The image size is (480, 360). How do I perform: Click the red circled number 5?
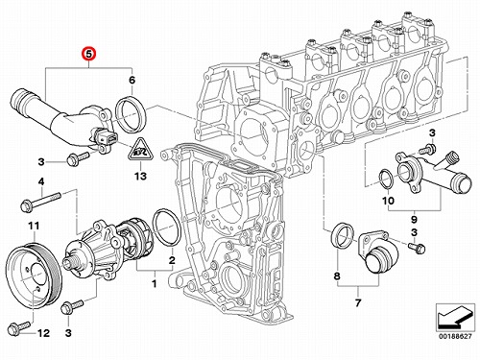coord(88,54)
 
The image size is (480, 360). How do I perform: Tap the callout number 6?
coord(132,80)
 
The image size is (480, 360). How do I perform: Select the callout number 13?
coord(140,176)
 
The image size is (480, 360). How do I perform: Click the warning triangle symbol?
coord(140,150)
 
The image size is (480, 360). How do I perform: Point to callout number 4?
coord(41,182)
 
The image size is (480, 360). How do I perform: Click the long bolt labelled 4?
coord(40,202)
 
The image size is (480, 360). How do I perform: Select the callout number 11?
coord(34,226)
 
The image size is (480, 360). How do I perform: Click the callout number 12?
coord(43,333)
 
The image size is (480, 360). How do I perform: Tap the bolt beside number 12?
coord(20,327)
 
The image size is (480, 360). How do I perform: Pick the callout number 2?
coord(172,260)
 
